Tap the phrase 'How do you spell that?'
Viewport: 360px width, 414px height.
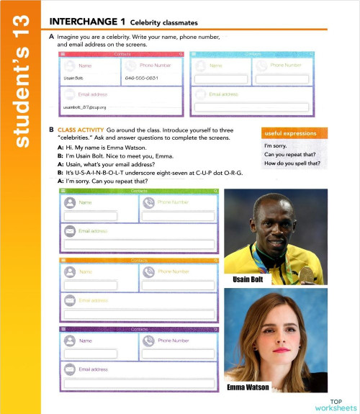click(292, 163)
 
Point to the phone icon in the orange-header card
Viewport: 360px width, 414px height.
click(148, 271)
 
